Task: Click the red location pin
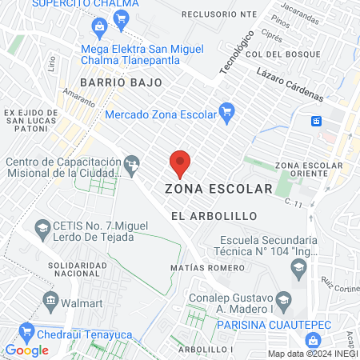(180, 162)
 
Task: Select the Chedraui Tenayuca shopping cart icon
(27, 329)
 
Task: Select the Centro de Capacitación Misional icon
(133, 166)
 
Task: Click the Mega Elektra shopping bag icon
(98, 29)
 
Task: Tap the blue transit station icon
(317, 121)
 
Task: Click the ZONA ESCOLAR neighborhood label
(218, 190)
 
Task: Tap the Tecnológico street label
(237, 54)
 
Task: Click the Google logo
(26, 350)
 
